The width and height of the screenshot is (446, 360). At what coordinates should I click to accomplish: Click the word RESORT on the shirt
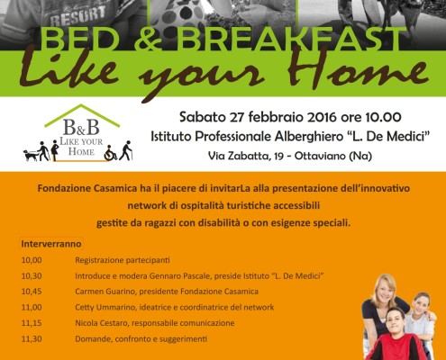coord(77,16)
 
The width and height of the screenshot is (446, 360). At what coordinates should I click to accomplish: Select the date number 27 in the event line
coord(237,117)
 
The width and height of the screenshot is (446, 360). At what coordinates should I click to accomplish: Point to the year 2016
coord(322,117)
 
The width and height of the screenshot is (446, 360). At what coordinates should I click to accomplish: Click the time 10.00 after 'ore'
coord(383,117)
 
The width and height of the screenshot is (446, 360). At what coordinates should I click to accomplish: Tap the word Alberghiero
coord(308,137)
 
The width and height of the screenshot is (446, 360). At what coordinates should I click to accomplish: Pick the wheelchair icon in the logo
coord(110,156)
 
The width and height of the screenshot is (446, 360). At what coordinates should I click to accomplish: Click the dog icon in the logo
coord(30,156)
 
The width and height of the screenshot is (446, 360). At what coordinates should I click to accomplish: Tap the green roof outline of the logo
coord(82,115)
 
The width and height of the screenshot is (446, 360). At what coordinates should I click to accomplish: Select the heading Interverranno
coord(51,244)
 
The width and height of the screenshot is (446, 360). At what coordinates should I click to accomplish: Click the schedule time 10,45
coord(32,292)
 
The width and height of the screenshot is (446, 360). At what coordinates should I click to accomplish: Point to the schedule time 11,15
coord(32,323)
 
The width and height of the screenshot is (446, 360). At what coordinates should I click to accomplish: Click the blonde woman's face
coord(384,290)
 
